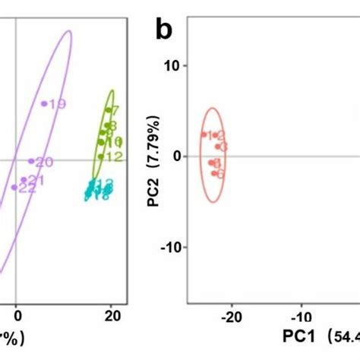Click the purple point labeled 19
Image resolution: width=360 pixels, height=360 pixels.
44,103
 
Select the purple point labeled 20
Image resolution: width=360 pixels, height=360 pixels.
31,161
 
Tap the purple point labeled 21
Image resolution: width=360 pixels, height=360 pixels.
24,181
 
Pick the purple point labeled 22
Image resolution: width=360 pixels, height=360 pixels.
14,187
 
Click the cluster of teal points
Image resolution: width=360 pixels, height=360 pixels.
99,191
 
